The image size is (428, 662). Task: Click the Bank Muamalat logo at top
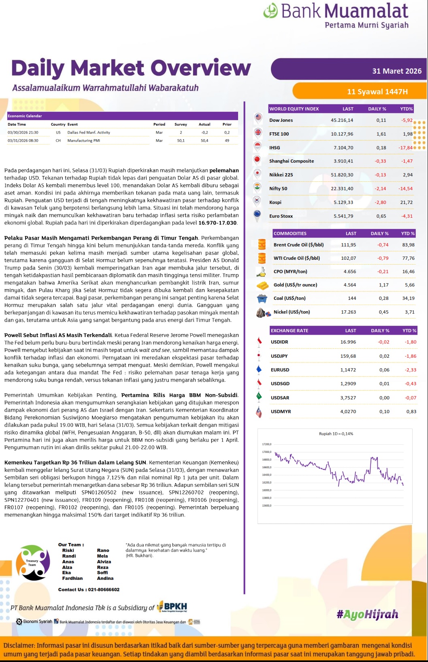(x=336, y=15)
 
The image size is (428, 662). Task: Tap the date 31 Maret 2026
(x=397, y=71)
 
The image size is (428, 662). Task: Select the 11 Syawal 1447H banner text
(x=377, y=92)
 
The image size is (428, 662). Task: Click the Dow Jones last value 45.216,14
(x=342, y=120)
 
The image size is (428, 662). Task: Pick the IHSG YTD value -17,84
(x=405, y=148)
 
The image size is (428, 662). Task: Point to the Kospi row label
(x=275, y=202)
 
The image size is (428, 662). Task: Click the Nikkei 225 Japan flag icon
(x=257, y=174)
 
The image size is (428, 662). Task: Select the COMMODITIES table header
(x=290, y=233)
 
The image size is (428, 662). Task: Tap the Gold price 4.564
(x=349, y=285)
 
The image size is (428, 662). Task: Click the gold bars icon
(x=262, y=285)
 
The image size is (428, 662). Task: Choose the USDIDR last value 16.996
(x=348, y=342)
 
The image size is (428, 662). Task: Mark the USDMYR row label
(x=281, y=412)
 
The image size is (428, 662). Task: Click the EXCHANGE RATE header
(x=290, y=331)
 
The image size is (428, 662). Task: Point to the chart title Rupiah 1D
(x=336, y=434)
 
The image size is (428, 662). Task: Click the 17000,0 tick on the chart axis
(x=266, y=452)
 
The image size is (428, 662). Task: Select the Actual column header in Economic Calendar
(x=204, y=124)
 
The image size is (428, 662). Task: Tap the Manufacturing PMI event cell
(x=84, y=140)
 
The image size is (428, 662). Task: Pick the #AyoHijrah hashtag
(x=367, y=615)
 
